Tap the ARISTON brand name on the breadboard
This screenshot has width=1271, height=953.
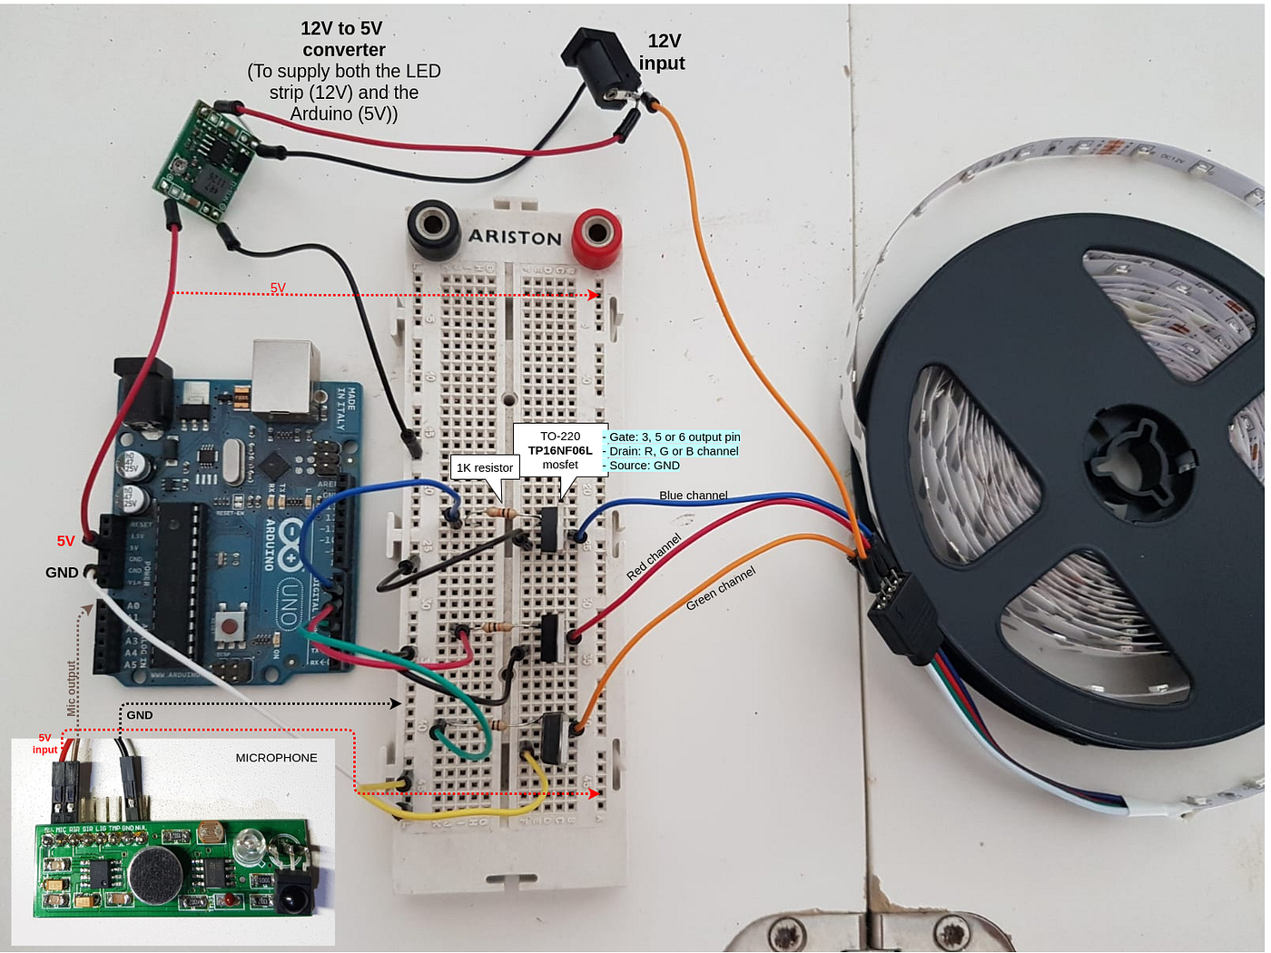point(515,238)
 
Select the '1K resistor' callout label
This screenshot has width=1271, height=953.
point(484,467)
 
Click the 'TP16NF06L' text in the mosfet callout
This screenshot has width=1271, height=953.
point(560,450)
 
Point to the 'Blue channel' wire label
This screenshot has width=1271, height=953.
point(693,496)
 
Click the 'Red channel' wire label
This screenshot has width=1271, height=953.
point(654,557)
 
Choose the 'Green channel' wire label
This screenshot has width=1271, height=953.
point(720,588)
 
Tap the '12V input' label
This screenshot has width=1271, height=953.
point(663,53)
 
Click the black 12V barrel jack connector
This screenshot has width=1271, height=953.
point(594,64)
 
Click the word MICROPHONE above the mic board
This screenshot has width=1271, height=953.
point(276,758)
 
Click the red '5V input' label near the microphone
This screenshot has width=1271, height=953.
point(44,744)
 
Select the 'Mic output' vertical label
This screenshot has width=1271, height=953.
point(72,688)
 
